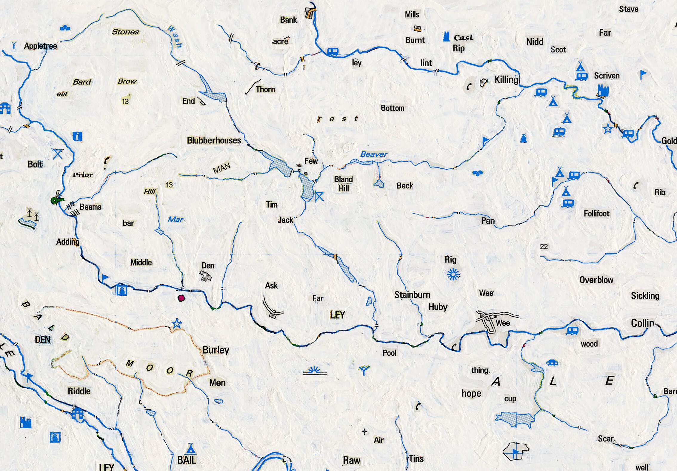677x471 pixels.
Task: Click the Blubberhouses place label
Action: pos(214,140)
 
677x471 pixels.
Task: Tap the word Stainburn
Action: pos(412,295)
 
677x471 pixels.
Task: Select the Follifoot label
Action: pos(596,214)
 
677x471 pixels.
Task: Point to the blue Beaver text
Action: pos(373,154)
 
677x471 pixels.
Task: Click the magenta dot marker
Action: pos(181,298)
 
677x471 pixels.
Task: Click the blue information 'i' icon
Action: pos(77,136)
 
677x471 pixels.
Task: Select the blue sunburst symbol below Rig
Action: pos(453,274)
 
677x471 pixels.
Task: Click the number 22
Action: pos(544,247)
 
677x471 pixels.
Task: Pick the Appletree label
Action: pos(40,46)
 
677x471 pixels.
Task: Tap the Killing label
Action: pos(506,80)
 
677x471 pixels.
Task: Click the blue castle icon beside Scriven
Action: pos(603,90)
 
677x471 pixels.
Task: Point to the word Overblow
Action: pos(596,280)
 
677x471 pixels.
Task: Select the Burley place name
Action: pos(216,350)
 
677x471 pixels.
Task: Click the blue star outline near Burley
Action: pos(177,323)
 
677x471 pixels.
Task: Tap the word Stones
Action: pos(125,32)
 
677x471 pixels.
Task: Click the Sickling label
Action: pos(645,296)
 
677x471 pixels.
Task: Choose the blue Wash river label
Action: pos(175,36)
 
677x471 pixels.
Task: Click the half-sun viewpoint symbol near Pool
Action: pos(314,371)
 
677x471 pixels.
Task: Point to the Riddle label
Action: pos(79,391)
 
